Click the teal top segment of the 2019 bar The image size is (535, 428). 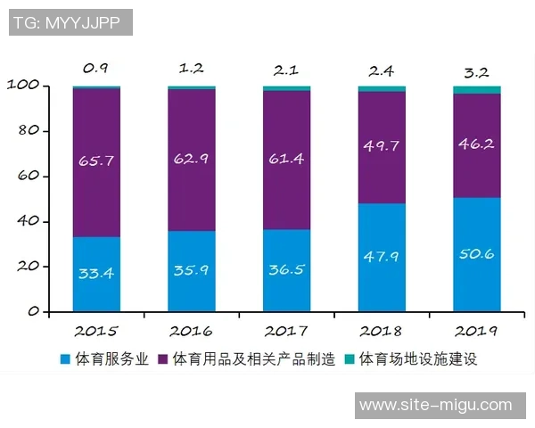[477, 89]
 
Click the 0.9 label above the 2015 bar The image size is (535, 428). [96, 68]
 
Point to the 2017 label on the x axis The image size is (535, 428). [287, 331]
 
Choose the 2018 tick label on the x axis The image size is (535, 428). [382, 331]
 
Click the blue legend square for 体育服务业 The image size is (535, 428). [64, 360]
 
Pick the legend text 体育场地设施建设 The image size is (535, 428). [419, 360]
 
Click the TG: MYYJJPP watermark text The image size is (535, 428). [70, 22]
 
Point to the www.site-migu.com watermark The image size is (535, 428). [435, 405]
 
